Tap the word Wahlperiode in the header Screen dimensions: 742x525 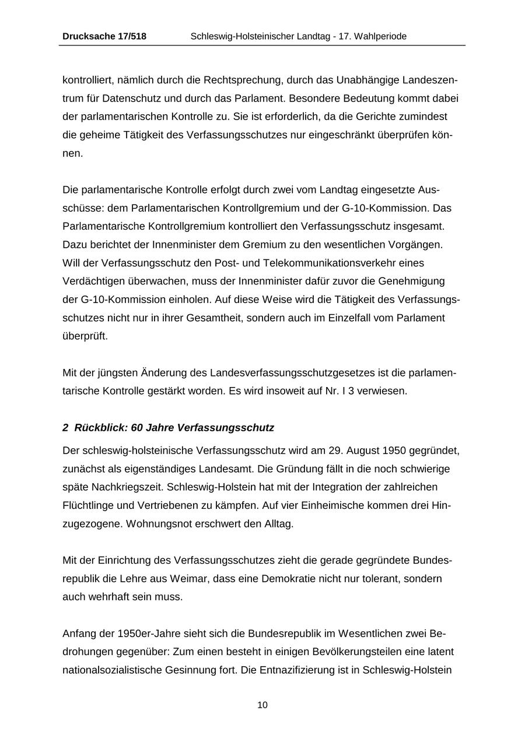tap(380, 36)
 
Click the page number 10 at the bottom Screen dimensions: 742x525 tap(262, 705)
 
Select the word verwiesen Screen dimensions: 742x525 tap(384, 391)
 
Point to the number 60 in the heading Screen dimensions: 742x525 tap(136, 427)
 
